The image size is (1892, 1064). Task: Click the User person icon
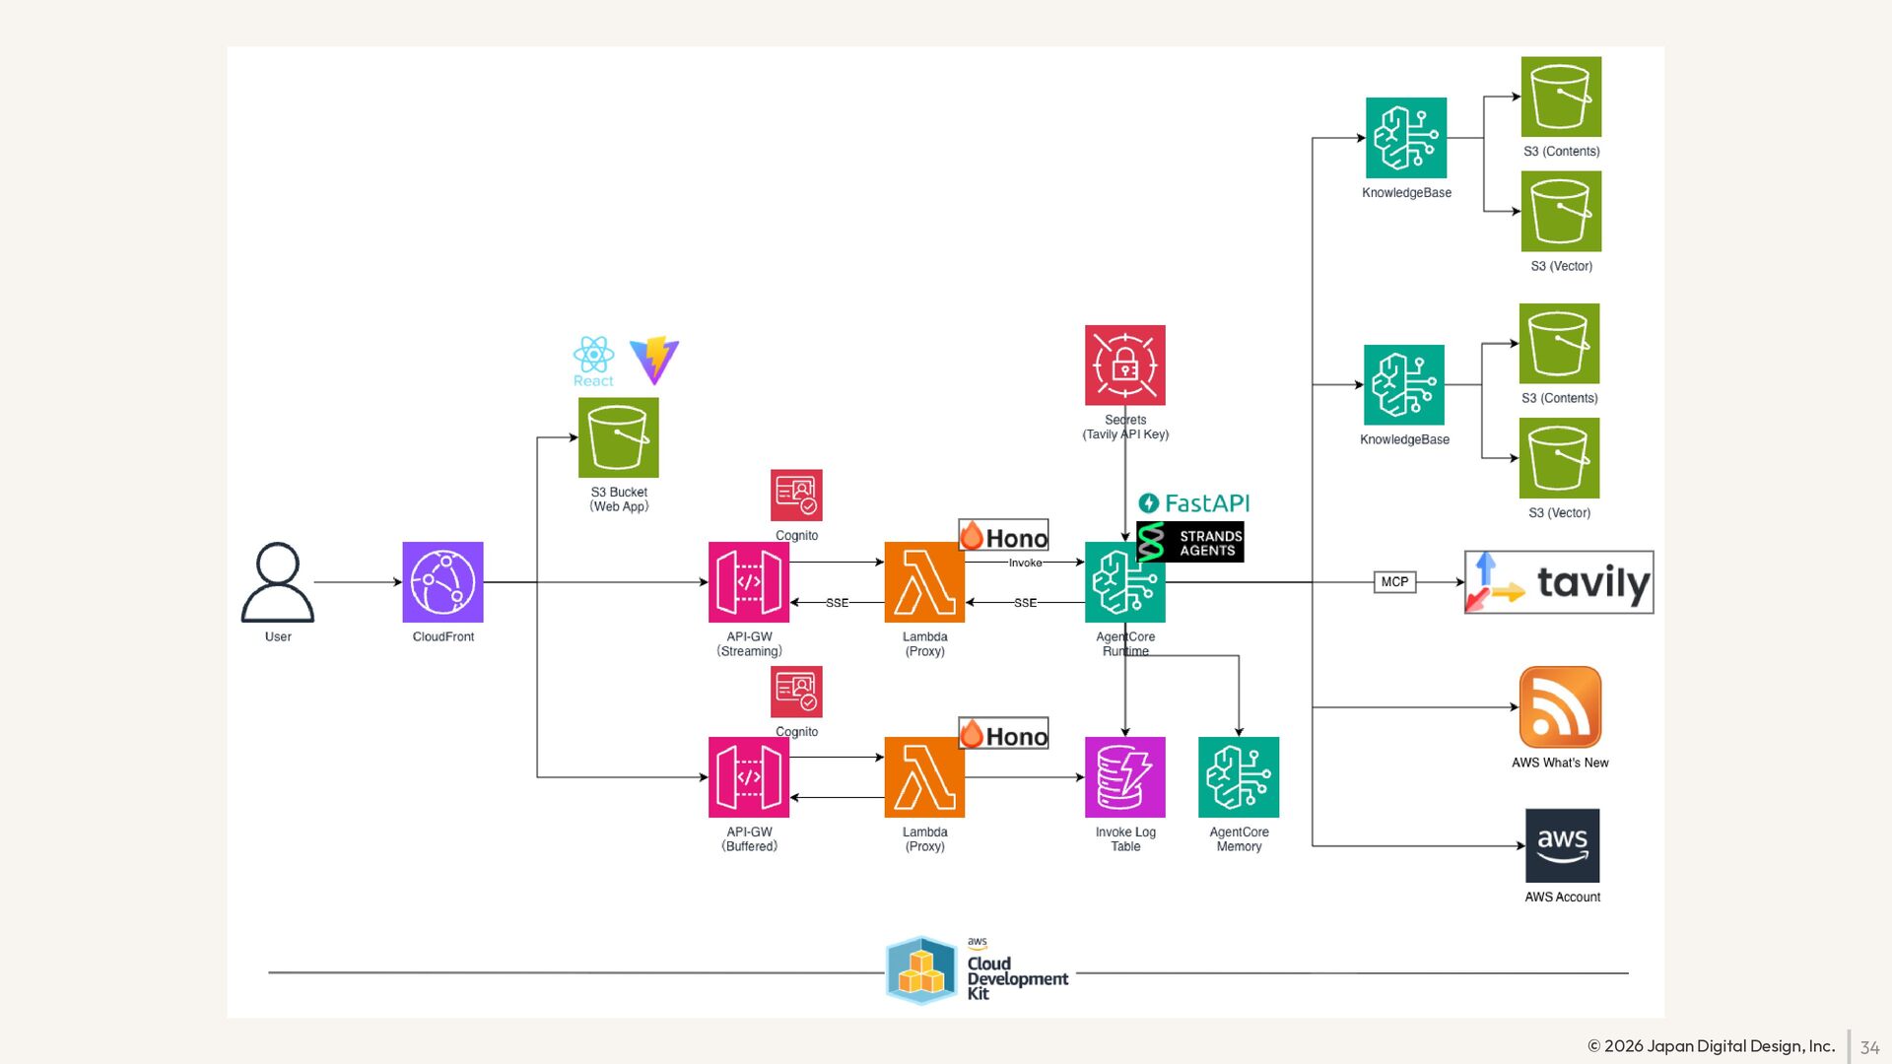tap(278, 582)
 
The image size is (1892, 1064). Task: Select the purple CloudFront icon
tap(442, 582)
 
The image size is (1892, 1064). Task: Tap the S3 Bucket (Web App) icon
tap(619, 437)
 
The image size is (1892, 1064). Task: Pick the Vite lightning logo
tap(654, 360)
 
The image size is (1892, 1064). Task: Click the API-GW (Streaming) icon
tap(749, 582)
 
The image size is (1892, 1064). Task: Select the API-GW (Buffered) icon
tap(749, 777)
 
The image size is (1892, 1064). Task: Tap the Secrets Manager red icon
tap(1125, 366)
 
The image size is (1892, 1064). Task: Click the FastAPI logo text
tap(1194, 503)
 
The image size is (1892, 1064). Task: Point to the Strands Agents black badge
tap(1191, 543)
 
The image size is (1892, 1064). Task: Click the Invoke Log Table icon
tap(1125, 777)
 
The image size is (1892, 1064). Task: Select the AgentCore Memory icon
tap(1239, 777)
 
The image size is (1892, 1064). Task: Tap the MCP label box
tap(1394, 582)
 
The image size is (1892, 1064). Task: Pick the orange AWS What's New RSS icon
tap(1560, 707)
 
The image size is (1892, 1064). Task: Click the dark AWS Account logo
tap(1562, 845)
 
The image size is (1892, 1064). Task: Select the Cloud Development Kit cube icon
tap(921, 970)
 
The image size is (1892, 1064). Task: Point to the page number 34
tap(1869, 1047)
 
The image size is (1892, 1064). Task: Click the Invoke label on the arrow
tap(1025, 563)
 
